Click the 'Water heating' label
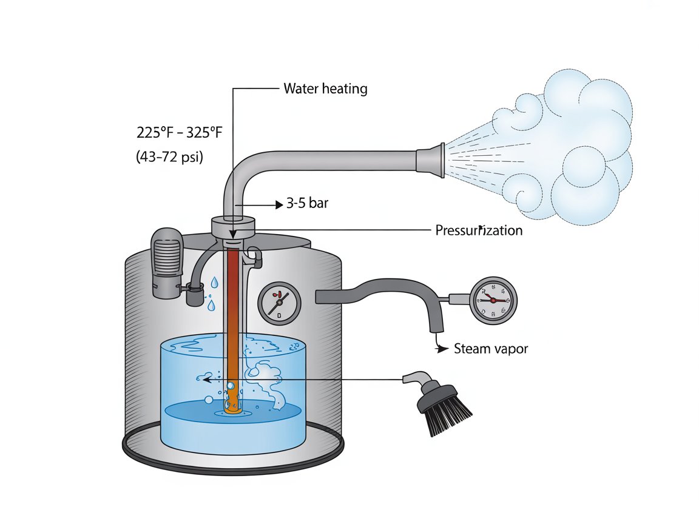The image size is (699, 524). tap(325, 89)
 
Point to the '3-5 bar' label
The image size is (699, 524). tap(307, 203)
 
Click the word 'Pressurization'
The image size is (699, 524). tap(479, 230)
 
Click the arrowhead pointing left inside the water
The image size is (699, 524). tap(206, 379)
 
